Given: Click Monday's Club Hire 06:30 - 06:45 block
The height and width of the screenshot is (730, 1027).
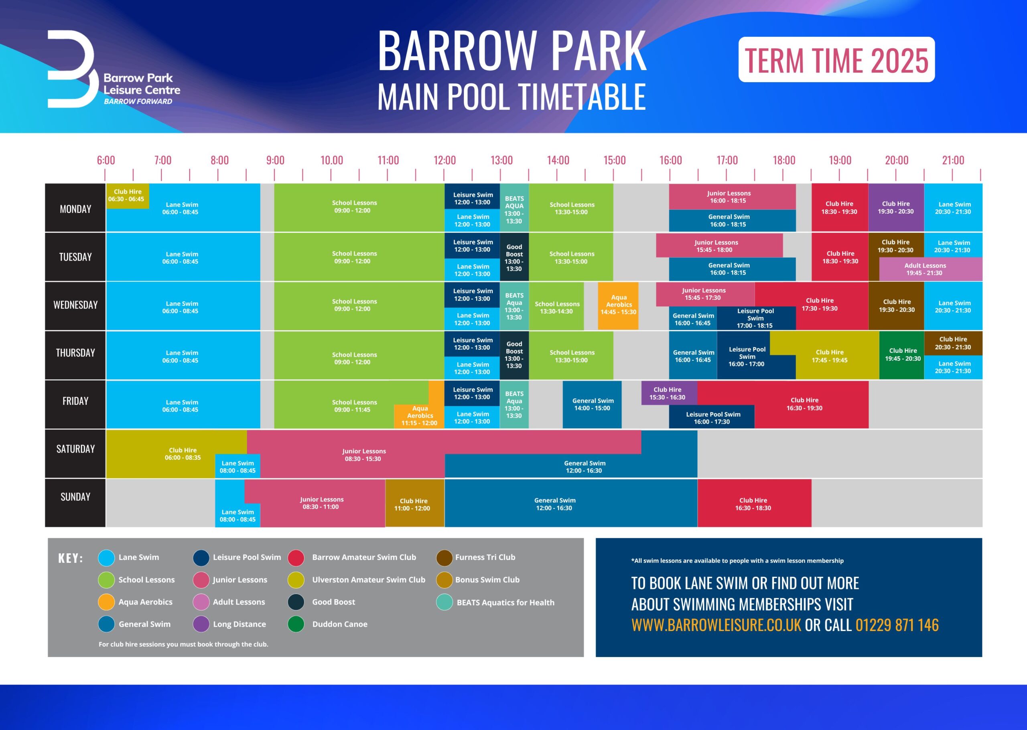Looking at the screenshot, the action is [x=127, y=196].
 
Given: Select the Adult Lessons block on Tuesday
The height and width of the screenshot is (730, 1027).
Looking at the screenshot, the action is [x=930, y=269].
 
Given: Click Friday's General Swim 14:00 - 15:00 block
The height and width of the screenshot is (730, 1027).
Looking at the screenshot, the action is [x=592, y=404].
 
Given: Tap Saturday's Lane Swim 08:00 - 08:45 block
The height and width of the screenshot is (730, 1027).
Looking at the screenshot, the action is [x=237, y=466].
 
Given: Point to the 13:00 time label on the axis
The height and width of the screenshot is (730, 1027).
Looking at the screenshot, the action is [x=501, y=160].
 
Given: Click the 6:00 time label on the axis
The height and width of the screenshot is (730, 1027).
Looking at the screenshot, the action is [x=106, y=160].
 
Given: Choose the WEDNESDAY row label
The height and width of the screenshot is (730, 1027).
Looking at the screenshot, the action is [x=75, y=305].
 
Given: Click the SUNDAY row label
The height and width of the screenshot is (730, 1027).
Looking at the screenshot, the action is [x=75, y=497].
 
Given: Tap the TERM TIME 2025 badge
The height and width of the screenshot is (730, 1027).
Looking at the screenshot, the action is [x=836, y=59].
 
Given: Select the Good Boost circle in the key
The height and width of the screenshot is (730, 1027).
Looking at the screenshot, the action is [x=296, y=602].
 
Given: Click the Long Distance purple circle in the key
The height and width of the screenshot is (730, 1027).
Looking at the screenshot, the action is [x=201, y=624].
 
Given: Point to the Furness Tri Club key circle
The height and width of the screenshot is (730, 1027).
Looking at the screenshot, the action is [x=444, y=557].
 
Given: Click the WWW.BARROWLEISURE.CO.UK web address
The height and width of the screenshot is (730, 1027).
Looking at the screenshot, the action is [x=716, y=625].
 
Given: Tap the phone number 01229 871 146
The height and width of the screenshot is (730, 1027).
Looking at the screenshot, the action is [x=897, y=625].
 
